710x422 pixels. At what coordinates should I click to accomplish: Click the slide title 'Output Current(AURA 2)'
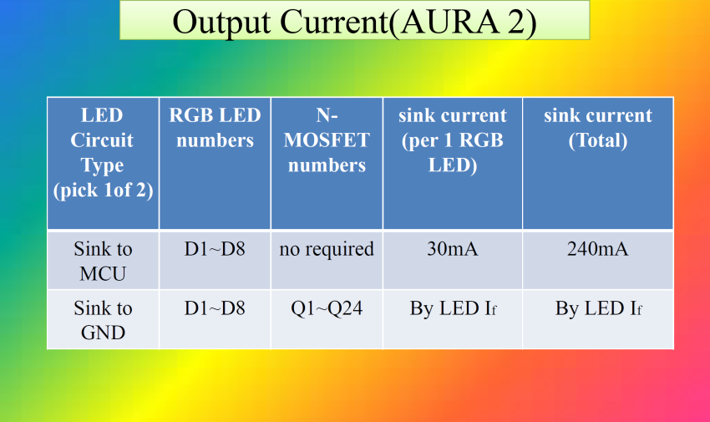pos(354,21)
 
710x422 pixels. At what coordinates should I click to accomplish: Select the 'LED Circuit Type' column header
pos(103,153)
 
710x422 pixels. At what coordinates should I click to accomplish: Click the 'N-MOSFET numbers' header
pos(327,140)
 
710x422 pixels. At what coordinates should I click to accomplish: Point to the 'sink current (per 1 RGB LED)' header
pos(453,140)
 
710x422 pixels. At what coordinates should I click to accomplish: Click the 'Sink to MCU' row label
pos(103,262)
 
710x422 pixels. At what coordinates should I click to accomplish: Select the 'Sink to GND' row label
pos(103,320)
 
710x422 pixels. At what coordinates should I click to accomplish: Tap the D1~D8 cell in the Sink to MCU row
pos(215,249)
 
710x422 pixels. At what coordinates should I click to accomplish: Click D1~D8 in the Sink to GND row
pos(215,308)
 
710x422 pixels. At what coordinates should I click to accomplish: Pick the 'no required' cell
pos(327,250)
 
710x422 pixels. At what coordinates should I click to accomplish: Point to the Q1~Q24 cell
pos(327,309)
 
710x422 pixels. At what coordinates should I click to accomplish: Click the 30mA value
pos(453,249)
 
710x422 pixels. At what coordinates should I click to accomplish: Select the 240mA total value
pos(598,249)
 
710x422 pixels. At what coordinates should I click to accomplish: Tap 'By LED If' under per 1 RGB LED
pos(453,309)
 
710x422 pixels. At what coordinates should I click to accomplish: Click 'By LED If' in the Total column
pos(598,309)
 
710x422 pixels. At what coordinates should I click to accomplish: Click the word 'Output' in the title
pos(221,22)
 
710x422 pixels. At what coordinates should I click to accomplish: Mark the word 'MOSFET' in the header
pos(327,140)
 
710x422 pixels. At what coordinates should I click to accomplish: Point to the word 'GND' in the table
pos(103,333)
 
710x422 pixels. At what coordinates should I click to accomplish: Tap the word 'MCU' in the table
pos(103,274)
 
